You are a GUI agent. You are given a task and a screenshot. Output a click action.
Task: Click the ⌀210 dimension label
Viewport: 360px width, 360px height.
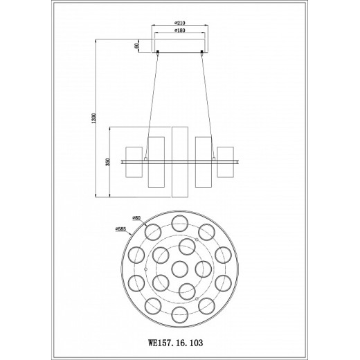pos(180,23)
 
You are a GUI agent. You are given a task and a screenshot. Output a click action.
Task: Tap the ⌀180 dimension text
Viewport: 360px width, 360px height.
pos(180,30)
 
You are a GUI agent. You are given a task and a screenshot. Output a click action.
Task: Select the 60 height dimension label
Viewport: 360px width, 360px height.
pos(136,46)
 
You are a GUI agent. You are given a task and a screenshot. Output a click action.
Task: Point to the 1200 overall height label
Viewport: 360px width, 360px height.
pos(93,118)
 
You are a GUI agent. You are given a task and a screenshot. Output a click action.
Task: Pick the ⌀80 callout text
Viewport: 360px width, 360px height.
pos(136,218)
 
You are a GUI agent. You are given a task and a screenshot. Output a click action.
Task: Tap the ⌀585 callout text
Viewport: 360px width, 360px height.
pos(120,229)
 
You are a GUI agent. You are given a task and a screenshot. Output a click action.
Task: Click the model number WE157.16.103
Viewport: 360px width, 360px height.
pos(175,343)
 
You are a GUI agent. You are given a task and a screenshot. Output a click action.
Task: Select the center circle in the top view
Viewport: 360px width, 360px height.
pos(180,269)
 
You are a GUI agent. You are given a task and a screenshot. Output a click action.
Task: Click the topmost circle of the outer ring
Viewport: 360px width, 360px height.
pos(180,223)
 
